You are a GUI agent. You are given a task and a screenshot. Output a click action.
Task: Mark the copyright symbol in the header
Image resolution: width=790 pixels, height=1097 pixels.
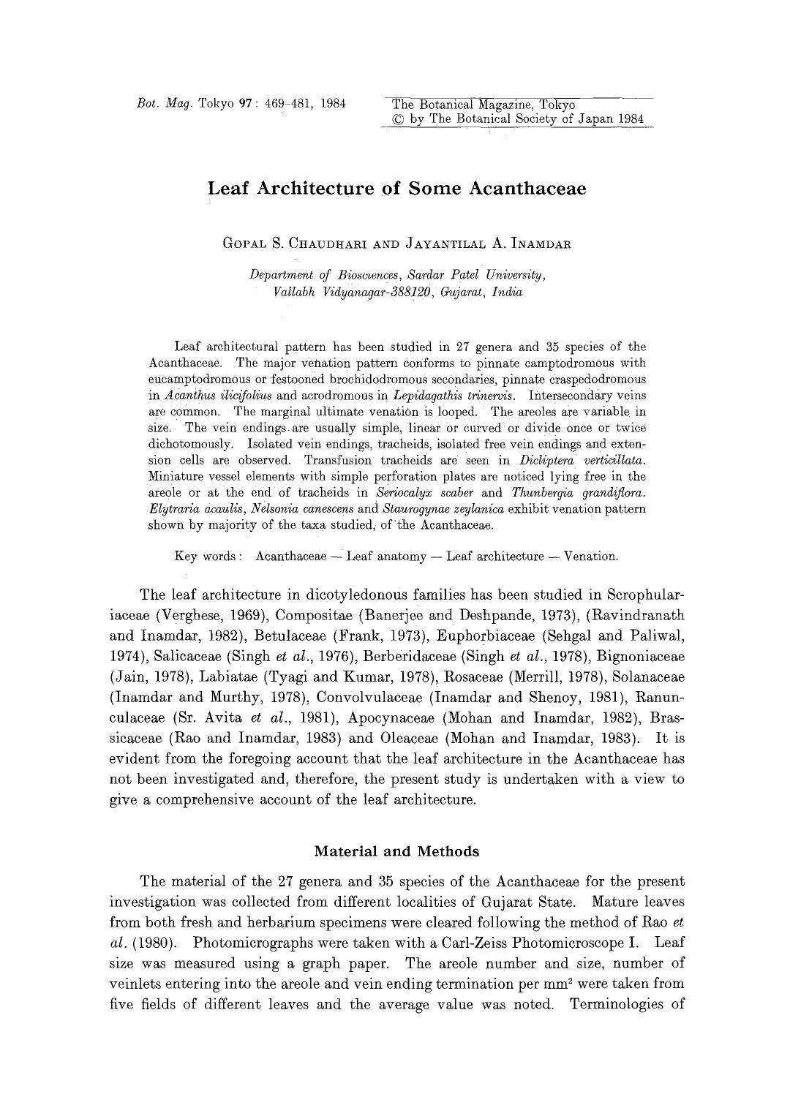(x=399, y=119)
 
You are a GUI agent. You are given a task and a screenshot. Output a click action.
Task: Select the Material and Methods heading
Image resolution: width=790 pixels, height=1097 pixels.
(x=396, y=851)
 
